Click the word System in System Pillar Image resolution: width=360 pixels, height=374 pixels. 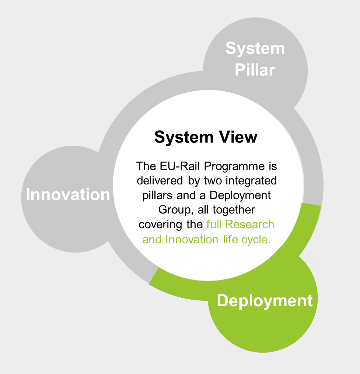pyautogui.click(x=255, y=49)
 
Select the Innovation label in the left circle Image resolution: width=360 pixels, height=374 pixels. pyautogui.click(x=68, y=194)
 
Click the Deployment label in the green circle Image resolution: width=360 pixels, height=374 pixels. pyautogui.click(x=265, y=301)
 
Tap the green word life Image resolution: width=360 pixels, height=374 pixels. pyautogui.click(x=230, y=239)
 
